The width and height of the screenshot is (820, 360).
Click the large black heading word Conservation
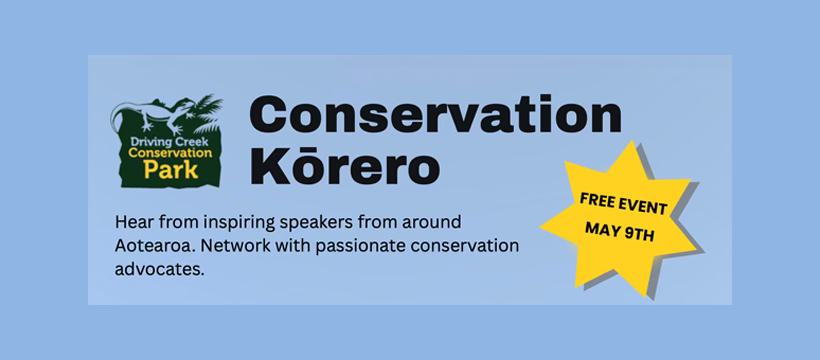pyautogui.click(x=436, y=115)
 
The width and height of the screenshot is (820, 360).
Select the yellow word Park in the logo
pyautogui.click(x=171, y=170)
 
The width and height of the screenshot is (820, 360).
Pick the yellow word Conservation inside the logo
pyautogui.click(x=170, y=153)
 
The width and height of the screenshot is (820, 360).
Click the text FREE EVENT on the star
pyautogui.click(x=623, y=204)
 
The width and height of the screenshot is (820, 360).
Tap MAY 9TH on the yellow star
pyautogui.click(x=620, y=230)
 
